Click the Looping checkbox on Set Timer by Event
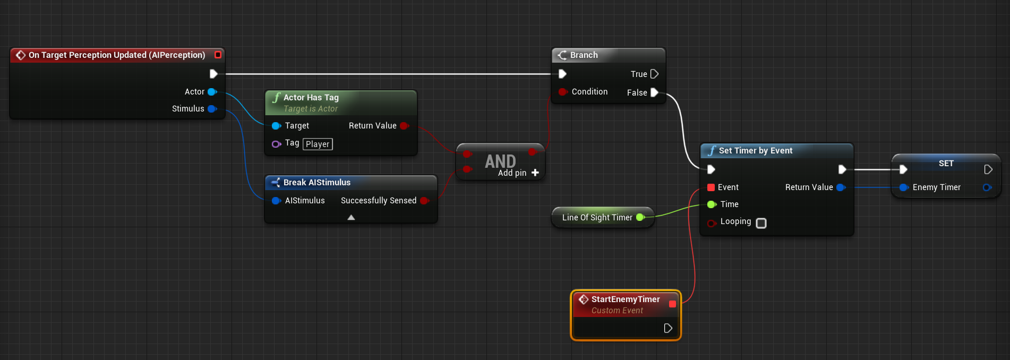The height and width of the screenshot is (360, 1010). click(761, 223)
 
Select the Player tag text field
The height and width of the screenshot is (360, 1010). click(318, 144)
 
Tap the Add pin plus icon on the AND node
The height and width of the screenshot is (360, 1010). click(535, 173)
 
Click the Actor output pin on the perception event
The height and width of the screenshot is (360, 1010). click(212, 92)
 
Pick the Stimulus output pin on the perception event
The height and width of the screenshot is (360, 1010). click(212, 109)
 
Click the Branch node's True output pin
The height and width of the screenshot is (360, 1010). click(654, 74)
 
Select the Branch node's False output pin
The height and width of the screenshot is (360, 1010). click(654, 92)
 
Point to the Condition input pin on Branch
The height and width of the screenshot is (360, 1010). click(563, 92)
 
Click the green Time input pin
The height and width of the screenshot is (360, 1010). click(712, 204)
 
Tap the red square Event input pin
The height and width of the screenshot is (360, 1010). click(711, 187)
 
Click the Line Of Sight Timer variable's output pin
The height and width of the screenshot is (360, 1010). click(640, 217)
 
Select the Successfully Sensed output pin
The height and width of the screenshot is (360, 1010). click(424, 201)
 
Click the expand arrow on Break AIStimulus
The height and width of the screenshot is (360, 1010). click(351, 217)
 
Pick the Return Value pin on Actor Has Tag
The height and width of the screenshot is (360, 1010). click(405, 126)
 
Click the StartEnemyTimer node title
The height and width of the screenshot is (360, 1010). click(626, 299)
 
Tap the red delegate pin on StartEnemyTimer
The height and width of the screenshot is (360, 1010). click(672, 304)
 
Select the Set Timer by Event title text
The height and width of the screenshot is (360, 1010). click(756, 151)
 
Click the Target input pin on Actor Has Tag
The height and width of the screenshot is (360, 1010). click(276, 126)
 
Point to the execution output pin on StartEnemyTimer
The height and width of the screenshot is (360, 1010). click(668, 328)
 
